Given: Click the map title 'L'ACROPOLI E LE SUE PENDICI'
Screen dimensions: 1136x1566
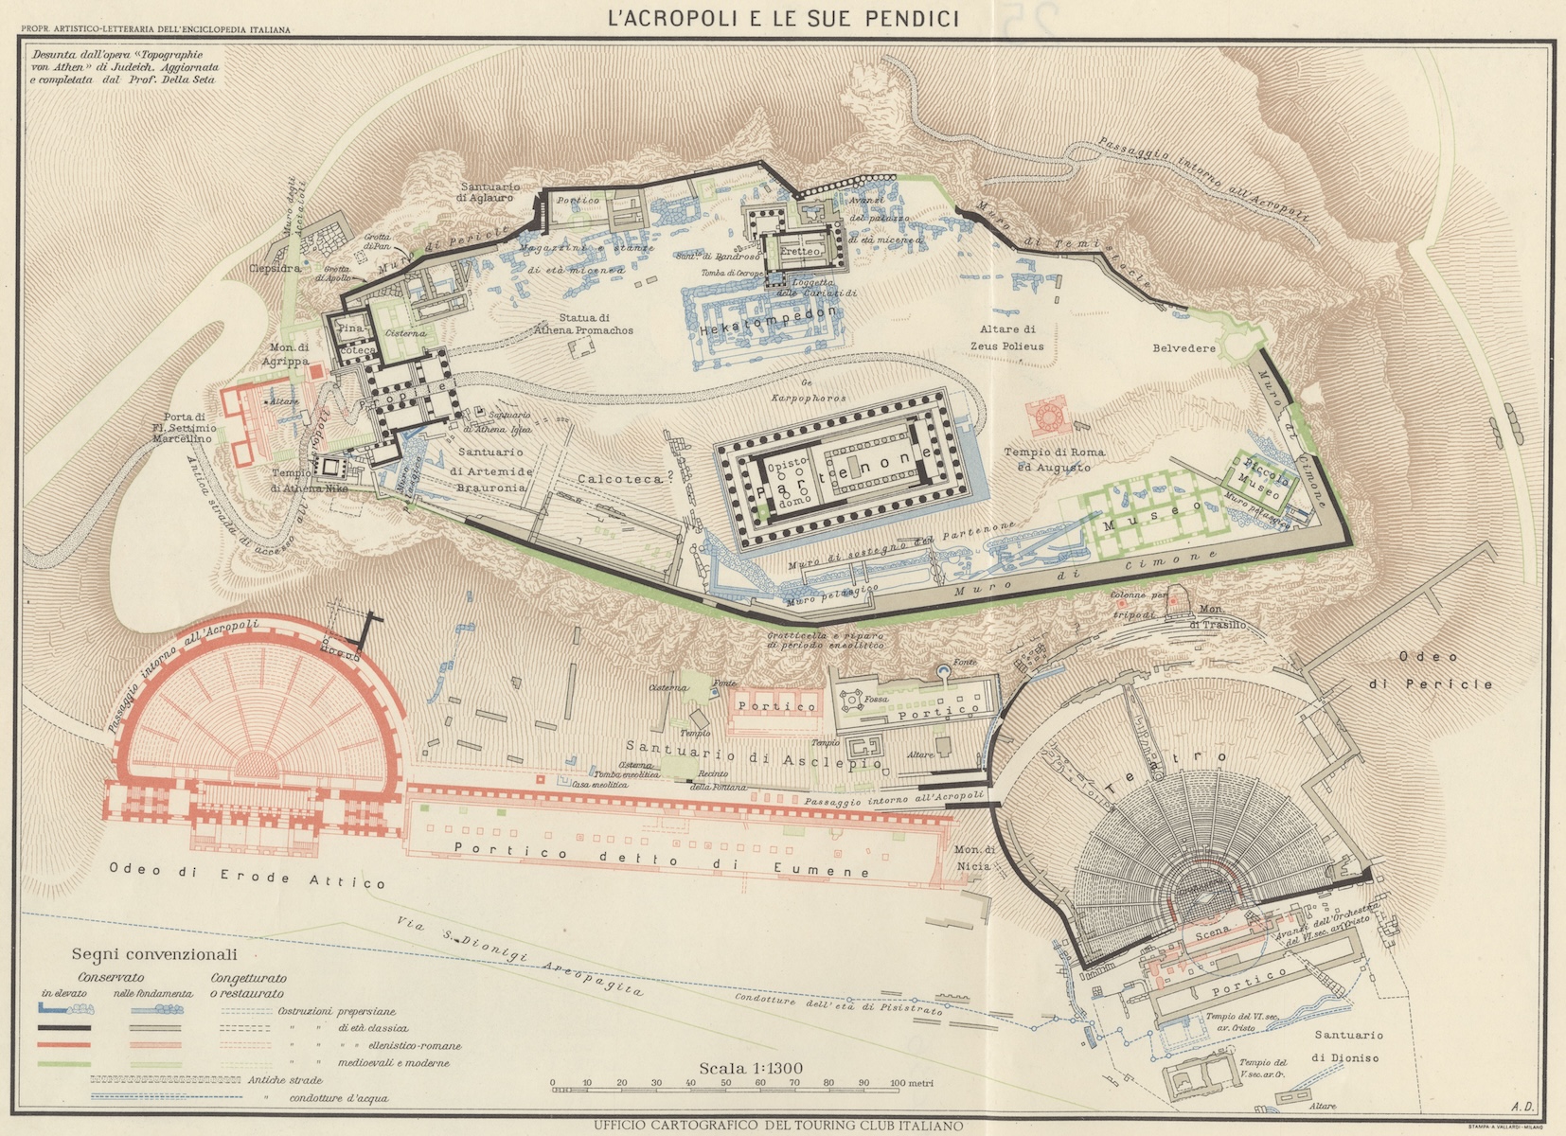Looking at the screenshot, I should [783, 18].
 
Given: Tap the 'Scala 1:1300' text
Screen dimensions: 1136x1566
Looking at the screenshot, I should [751, 1068].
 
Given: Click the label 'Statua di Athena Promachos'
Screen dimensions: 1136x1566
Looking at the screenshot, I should [583, 324].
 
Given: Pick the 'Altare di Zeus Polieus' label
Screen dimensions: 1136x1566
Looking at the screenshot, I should [1006, 337].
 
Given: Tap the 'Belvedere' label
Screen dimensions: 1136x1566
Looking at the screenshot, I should [1183, 348].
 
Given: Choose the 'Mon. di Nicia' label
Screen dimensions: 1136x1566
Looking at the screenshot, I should [974, 858].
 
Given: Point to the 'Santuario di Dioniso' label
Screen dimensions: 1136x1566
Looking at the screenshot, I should [1347, 1046].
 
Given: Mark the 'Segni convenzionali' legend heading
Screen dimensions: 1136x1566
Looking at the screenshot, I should [154, 954].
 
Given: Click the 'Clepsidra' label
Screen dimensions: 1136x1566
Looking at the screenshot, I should [276, 269].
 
